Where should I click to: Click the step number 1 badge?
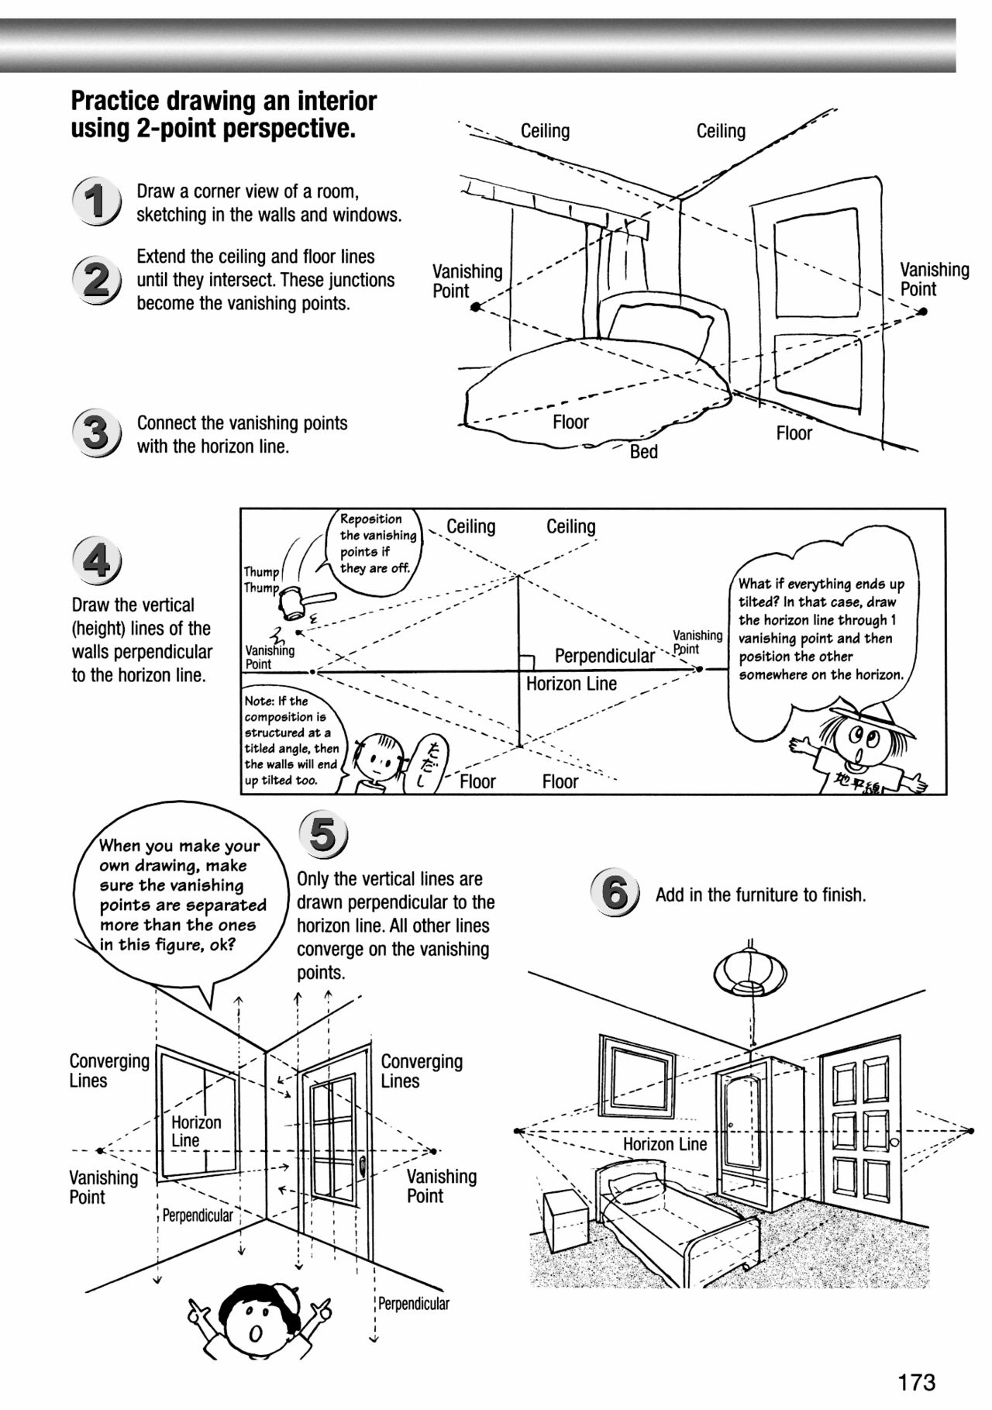(96, 202)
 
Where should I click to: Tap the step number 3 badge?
(96, 433)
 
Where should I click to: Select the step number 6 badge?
(615, 893)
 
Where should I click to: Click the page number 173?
(917, 1382)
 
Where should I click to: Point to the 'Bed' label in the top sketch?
(643, 452)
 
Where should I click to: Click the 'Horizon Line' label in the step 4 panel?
(571, 684)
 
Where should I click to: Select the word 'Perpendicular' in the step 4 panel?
(604, 657)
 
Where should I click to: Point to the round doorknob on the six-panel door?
(894, 1143)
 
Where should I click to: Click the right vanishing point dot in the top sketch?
(922, 312)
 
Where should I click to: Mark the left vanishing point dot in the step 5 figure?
(100, 1150)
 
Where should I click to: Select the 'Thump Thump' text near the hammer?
(262, 580)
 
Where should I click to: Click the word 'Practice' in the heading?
(115, 101)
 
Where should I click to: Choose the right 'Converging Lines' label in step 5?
(421, 1070)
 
